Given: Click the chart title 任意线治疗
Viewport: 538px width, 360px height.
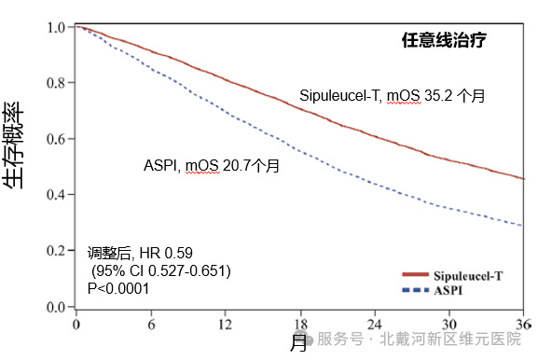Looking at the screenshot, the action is [444, 40].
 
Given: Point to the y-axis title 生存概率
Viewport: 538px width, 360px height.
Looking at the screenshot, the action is [14, 145].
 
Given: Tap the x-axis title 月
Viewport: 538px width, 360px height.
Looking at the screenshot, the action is [298, 343].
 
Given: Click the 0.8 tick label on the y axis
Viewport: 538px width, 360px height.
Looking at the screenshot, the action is [56, 83].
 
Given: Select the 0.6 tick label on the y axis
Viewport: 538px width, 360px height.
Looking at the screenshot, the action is [56, 139].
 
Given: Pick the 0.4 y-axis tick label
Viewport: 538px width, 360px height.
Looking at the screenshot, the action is [56, 195].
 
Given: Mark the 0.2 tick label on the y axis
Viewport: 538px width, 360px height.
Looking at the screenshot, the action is [56, 251].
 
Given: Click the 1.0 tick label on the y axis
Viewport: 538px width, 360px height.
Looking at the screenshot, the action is [56, 27].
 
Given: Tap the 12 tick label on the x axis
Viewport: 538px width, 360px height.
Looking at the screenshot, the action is [225, 325].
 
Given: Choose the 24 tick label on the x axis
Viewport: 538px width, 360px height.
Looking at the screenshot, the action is [374, 325].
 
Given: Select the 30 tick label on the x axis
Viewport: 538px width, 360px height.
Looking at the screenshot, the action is [449, 325].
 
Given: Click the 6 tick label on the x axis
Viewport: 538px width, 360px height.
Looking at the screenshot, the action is [151, 325].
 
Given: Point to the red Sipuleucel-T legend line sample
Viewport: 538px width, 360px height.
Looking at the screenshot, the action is [416, 274].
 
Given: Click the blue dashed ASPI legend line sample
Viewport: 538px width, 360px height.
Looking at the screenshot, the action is [416, 290].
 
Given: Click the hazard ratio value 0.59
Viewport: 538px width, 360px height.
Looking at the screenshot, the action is [179, 254].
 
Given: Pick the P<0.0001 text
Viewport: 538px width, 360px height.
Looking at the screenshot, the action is [118, 288].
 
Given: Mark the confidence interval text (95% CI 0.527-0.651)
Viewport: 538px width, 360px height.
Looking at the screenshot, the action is [161, 271].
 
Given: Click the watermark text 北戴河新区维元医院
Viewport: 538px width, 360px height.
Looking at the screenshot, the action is [450, 339].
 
